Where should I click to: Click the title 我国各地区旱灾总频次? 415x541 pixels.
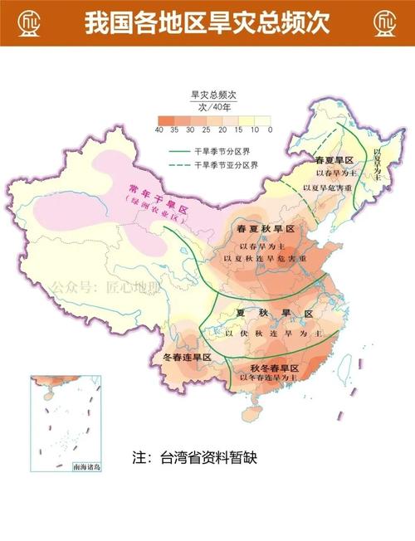coord(207,22)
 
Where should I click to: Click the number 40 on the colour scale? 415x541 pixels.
coord(159,130)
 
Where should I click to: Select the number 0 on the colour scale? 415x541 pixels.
coord(271,130)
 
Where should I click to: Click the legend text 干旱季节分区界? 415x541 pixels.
coord(226,152)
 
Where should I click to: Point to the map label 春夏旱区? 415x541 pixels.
coord(334,159)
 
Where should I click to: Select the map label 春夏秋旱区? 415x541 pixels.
coord(266,229)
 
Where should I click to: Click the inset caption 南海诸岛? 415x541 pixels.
coord(85,468)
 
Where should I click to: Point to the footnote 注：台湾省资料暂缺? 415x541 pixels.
coord(194,458)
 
